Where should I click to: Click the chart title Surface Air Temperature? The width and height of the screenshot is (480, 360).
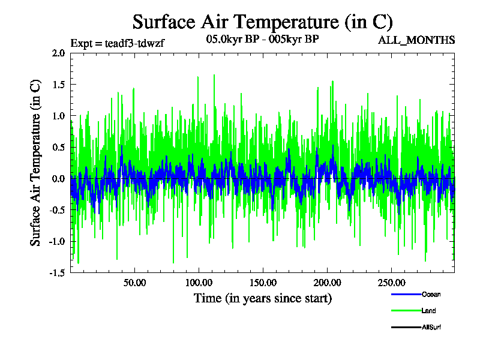coord(262,22)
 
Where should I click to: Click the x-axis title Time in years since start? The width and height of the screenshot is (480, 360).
coord(262,298)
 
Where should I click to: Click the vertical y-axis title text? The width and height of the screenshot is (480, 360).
coord(36,163)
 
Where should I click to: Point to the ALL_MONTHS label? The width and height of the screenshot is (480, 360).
coord(416,40)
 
